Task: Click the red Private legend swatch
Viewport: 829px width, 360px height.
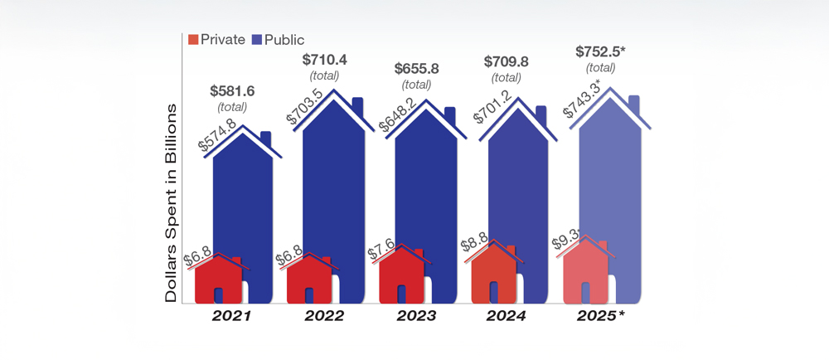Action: (194, 39)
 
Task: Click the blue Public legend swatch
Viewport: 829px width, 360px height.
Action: (257, 39)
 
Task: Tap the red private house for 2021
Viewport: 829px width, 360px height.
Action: (218, 278)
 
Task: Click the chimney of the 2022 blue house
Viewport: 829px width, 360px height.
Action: (357, 105)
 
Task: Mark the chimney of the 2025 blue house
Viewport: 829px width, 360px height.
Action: (634, 104)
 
